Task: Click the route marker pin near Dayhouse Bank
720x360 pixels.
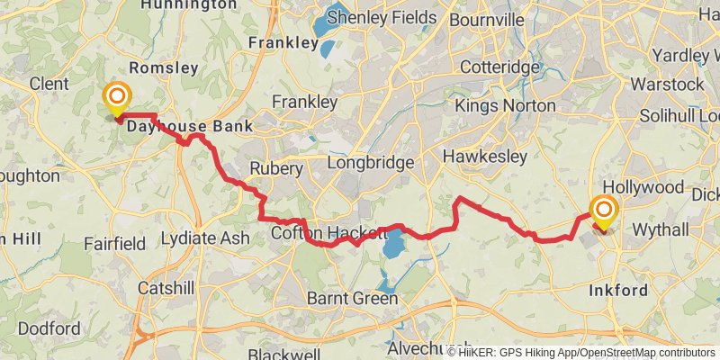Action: tap(117, 98)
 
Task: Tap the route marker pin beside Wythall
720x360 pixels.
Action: tap(602, 212)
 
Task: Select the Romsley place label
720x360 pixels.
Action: tap(163, 67)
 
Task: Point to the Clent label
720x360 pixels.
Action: tap(49, 84)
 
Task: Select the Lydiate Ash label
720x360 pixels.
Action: tap(205, 238)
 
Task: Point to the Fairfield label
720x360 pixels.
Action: tap(114, 244)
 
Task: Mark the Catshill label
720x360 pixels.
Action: tap(166, 288)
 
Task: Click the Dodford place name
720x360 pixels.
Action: tap(49, 328)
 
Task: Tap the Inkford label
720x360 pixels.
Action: tap(617, 291)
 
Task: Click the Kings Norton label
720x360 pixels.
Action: tap(505, 106)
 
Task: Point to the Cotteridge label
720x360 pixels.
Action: tap(498, 67)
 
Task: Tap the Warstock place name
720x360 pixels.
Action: tap(667, 84)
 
